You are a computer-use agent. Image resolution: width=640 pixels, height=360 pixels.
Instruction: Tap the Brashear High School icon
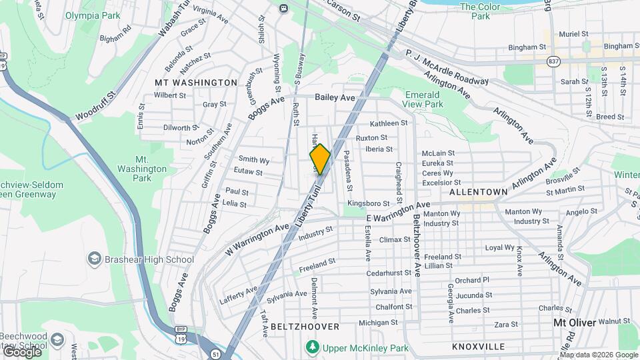point(94,258)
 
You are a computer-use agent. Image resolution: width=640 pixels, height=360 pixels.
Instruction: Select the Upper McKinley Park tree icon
point(312,347)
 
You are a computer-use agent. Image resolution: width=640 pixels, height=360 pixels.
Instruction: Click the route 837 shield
point(554,61)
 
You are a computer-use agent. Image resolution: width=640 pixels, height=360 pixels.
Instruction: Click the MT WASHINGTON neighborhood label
point(195,83)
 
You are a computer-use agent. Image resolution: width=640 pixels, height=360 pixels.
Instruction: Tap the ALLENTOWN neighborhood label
point(479,191)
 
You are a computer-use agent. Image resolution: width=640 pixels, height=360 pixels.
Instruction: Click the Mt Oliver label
point(576,323)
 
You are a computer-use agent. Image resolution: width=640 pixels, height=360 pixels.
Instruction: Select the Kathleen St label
point(389,123)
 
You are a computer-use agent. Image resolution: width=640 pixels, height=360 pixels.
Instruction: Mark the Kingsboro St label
point(368,203)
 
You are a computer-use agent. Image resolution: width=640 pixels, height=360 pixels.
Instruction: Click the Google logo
point(21,351)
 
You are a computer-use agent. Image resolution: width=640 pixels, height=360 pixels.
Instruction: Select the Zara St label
point(507,325)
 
